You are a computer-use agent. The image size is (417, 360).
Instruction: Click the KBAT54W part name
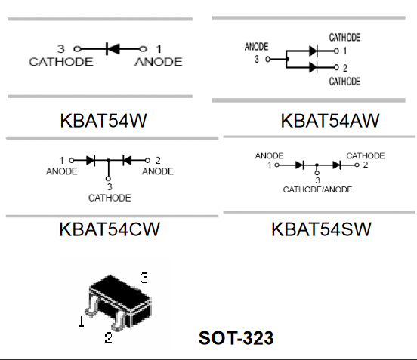(103, 121)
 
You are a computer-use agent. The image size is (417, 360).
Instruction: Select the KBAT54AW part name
(330, 121)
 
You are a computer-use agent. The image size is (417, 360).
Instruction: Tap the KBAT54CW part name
(110, 229)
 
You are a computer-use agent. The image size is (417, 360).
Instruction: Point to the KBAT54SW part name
(321, 229)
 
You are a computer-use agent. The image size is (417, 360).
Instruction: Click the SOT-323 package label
(236, 338)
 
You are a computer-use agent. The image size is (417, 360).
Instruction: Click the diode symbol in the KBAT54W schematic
(113, 49)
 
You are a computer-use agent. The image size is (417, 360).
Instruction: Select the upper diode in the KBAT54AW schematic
(314, 51)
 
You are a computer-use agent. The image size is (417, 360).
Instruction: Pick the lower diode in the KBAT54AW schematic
(314, 67)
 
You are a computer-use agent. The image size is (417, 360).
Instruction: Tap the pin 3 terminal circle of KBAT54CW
(108, 179)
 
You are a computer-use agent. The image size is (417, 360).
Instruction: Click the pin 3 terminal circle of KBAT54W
(77, 49)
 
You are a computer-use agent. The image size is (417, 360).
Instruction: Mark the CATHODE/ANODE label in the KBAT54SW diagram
(317, 189)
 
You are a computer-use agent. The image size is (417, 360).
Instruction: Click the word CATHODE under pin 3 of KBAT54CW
(110, 198)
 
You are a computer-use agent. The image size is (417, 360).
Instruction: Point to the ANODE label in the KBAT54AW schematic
(256, 47)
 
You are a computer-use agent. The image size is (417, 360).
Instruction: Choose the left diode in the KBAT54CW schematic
(91, 161)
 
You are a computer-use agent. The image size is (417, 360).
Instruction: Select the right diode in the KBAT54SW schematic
(337, 165)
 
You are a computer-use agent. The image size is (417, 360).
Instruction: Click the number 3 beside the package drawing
(144, 278)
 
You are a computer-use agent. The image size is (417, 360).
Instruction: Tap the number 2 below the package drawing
(108, 338)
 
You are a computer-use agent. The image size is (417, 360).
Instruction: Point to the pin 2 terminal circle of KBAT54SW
(357, 165)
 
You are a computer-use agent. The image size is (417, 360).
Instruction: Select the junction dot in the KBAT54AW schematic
(287, 59)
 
